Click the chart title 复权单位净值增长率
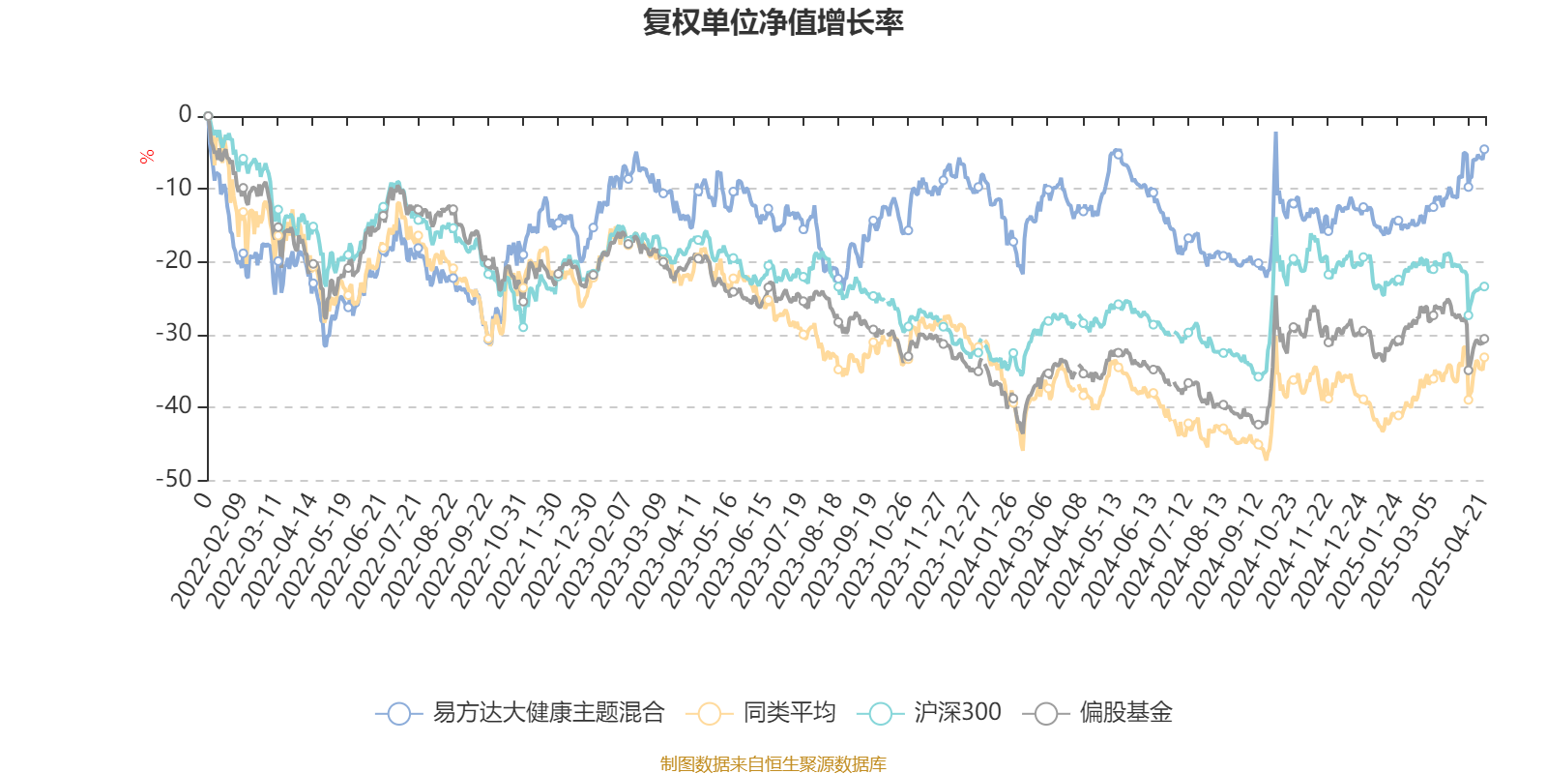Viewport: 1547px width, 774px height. (773, 22)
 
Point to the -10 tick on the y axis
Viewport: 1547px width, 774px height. (174, 189)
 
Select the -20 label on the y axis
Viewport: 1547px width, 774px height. (174, 261)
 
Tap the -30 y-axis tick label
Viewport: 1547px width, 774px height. (174, 335)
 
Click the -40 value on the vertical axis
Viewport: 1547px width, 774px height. (174, 407)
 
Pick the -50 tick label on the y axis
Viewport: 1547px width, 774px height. (174, 480)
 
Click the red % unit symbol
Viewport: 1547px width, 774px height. (147, 156)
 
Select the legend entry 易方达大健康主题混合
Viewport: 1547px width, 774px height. (548, 714)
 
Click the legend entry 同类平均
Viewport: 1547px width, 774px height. (788, 714)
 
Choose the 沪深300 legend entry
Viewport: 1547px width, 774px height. (957, 714)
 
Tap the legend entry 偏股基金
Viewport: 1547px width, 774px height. (1125, 714)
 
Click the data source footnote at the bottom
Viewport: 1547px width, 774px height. (773, 764)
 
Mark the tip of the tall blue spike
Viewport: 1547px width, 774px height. (1276, 134)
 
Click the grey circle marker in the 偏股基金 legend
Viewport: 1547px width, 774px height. (1046, 714)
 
